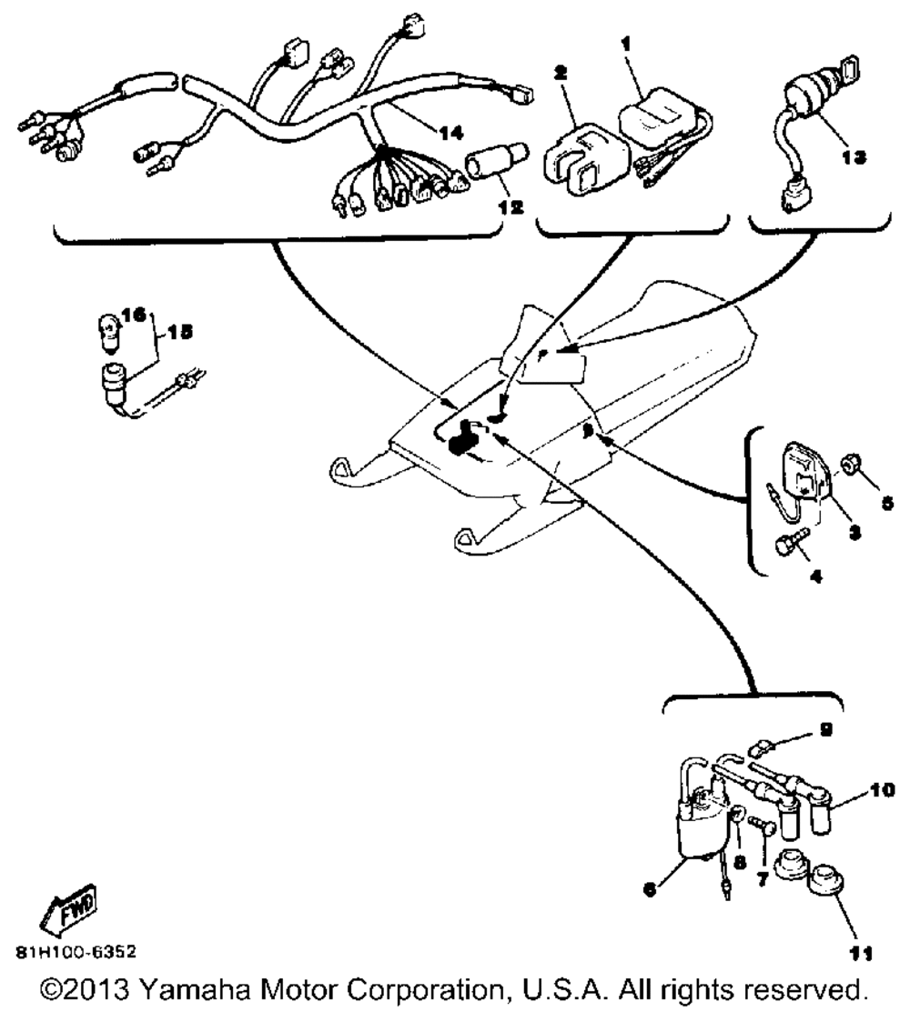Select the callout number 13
pyautogui.click(x=854, y=156)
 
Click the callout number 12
pyautogui.click(x=510, y=206)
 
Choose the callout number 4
pyautogui.click(x=814, y=576)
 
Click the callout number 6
pyautogui.click(x=649, y=892)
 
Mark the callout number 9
pyautogui.click(x=824, y=728)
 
